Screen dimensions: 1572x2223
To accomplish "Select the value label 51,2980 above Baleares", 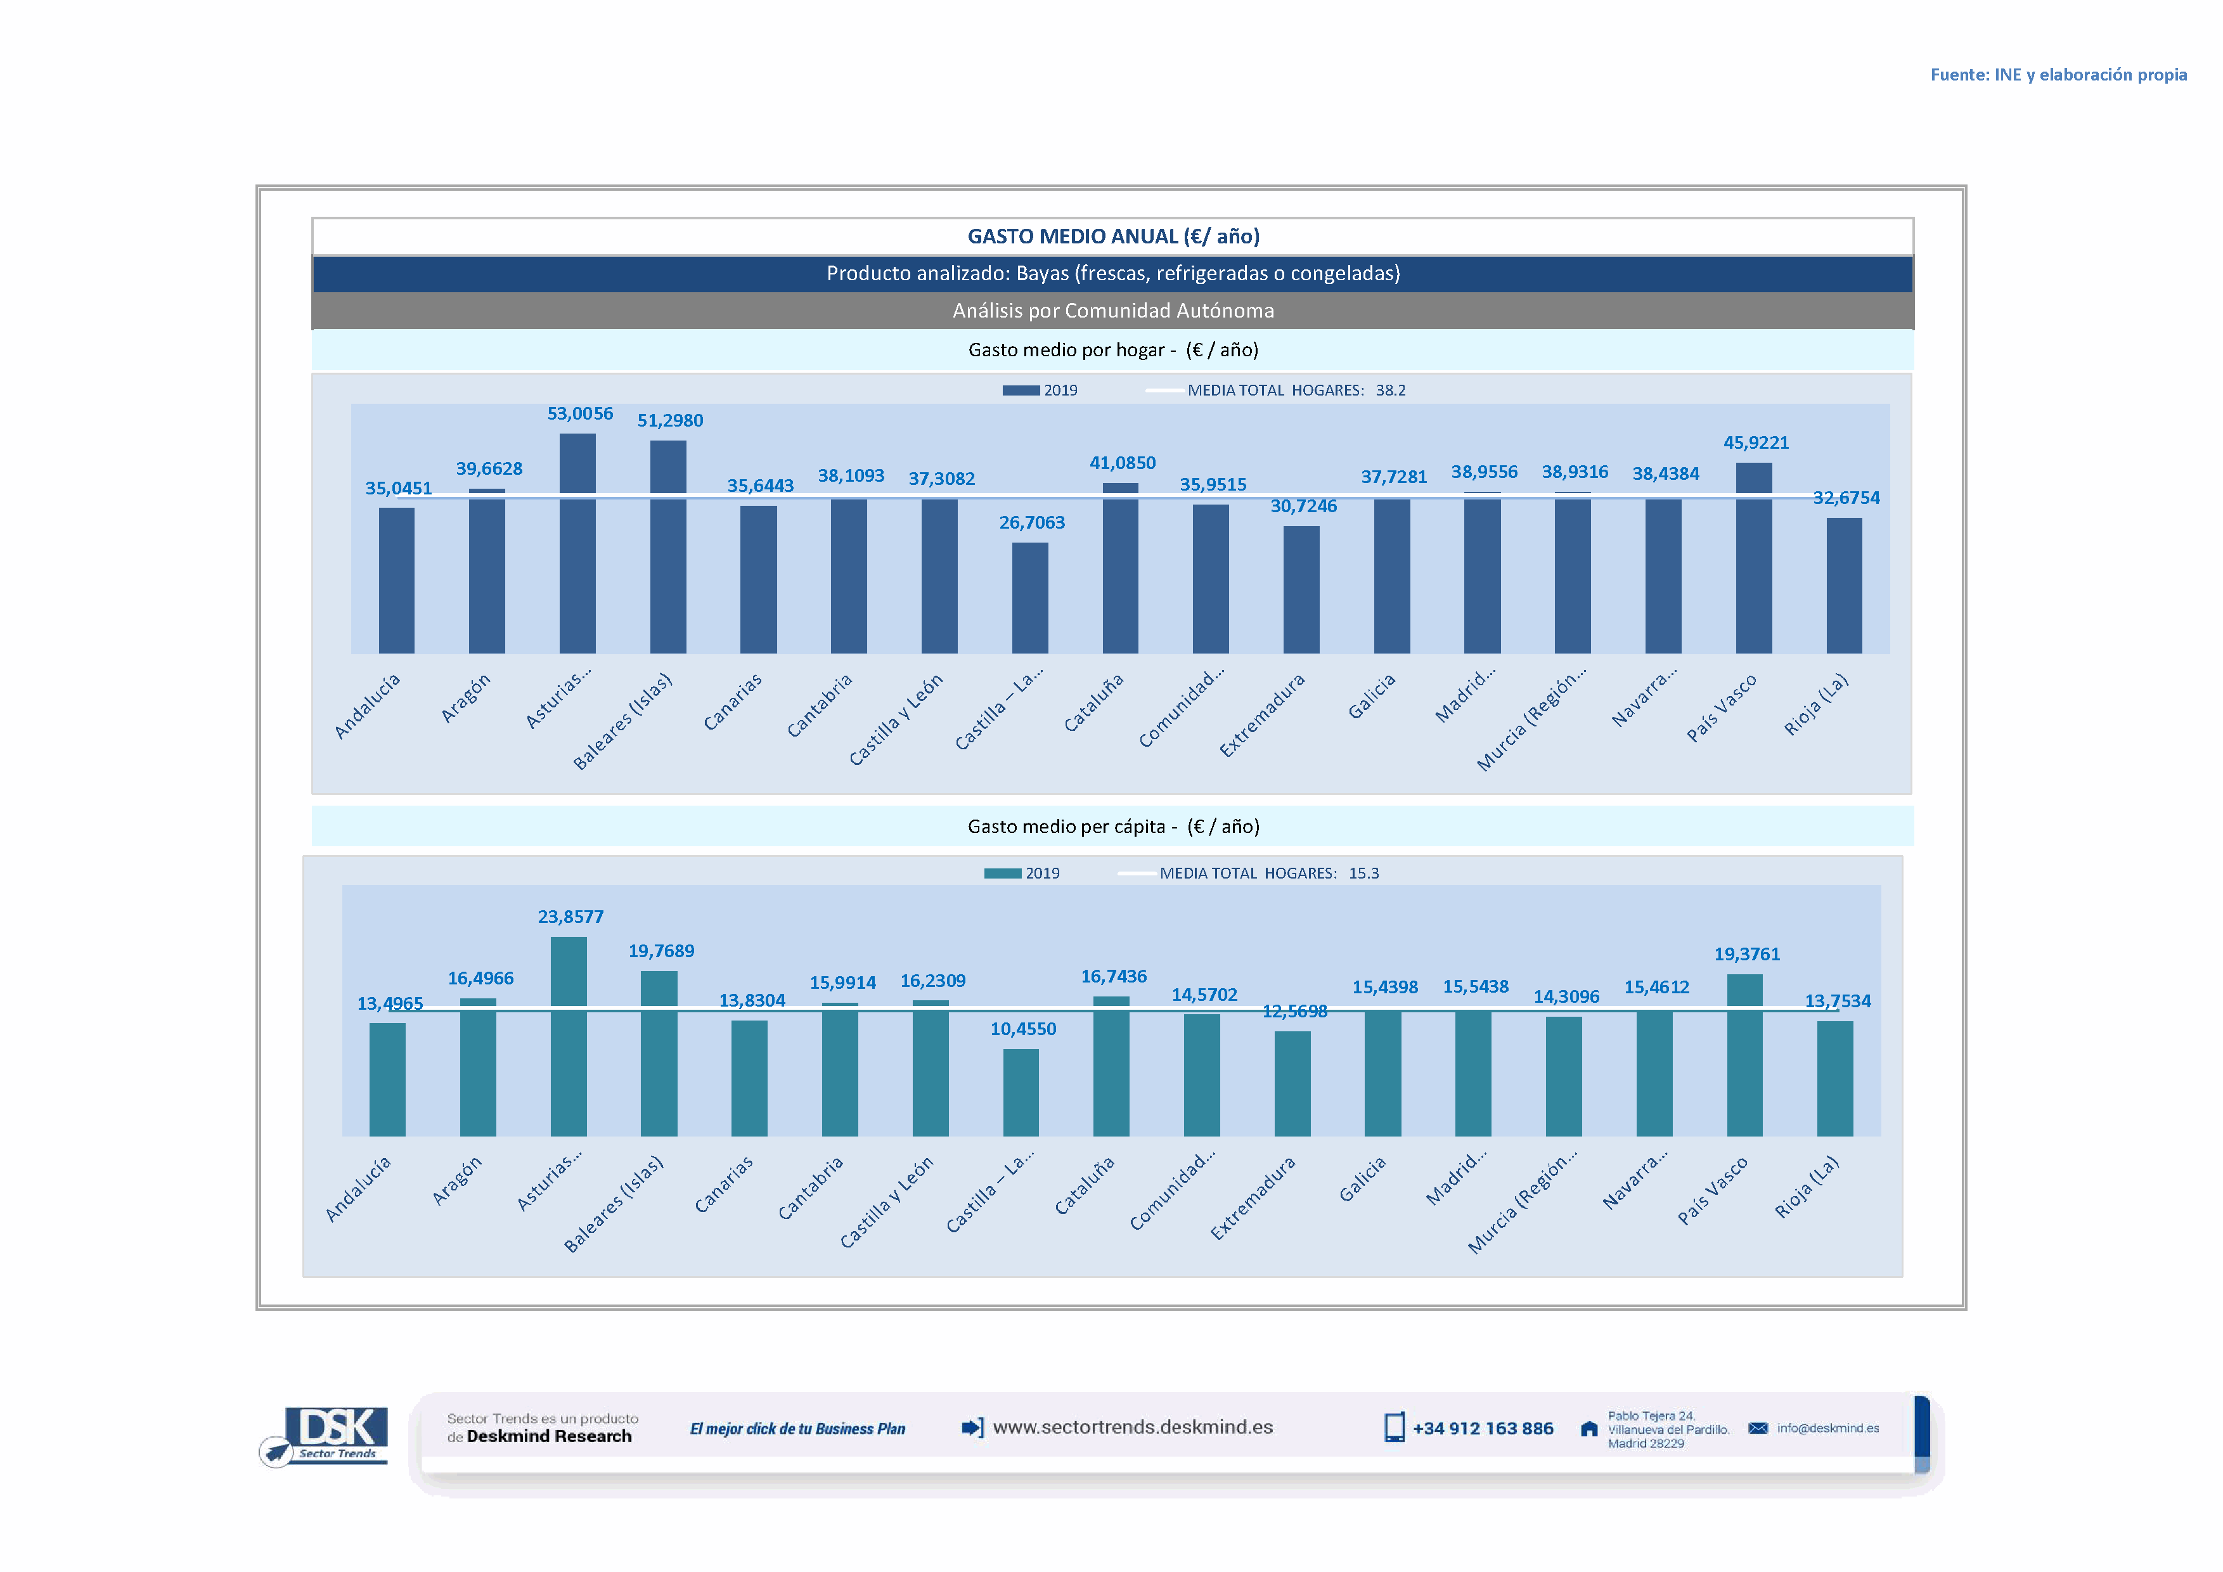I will [670, 421].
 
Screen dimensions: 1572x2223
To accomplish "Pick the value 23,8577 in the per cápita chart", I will [570, 917].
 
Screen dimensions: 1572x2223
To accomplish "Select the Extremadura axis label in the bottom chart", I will [1253, 1199].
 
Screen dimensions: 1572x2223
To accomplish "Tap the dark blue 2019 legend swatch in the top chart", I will [1021, 390].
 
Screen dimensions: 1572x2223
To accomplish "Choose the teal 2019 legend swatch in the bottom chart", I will [1002, 873].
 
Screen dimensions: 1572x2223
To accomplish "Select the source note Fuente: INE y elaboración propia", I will [2058, 75].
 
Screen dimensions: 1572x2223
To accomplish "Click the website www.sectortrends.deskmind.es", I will [1132, 1427].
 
